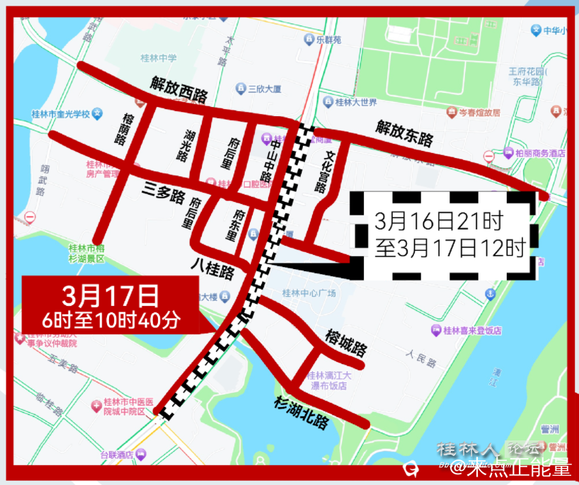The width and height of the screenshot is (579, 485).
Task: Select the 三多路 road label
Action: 163,192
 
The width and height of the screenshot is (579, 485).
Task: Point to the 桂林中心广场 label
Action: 309,292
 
